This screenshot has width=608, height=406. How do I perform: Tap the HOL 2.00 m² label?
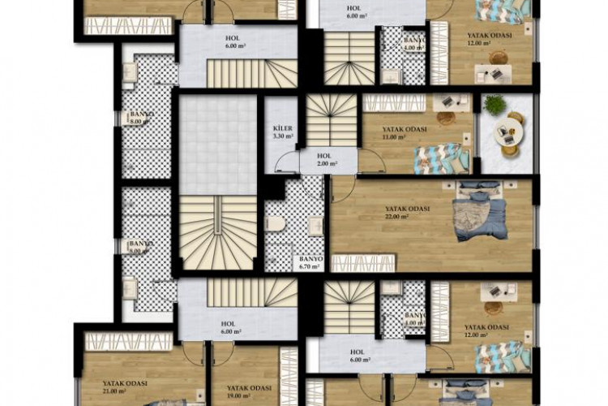point(325,159)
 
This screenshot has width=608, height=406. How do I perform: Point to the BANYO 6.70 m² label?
point(311,261)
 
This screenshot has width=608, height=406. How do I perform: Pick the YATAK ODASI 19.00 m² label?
point(247,391)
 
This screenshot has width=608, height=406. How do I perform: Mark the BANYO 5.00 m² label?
point(142,247)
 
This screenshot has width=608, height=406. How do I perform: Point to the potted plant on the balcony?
point(493,104)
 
